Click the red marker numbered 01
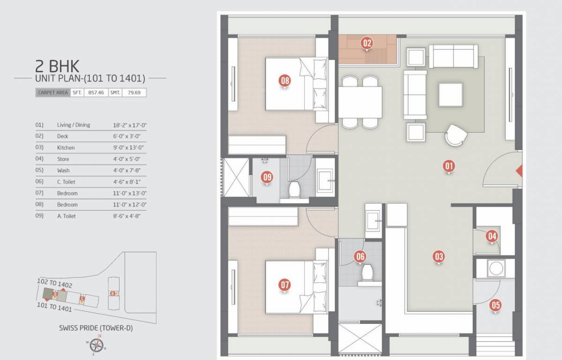pyautogui.click(x=449, y=165)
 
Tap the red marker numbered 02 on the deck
pyautogui.click(x=367, y=43)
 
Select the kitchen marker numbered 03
pyautogui.click(x=439, y=256)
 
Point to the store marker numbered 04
pyautogui.click(x=491, y=236)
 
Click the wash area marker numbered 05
pyautogui.click(x=495, y=305)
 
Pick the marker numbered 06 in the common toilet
pyautogui.click(x=360, y=256)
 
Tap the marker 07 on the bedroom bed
pyautogui.click(x=285, y=285)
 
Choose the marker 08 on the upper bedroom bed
pyautogui.click(x=285, y=81)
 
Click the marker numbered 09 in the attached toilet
pyautogui.click(x=267, y=178)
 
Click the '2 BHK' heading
pyautogui.click(x=57, y=65)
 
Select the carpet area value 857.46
pyautogui.click(x=96, y=93)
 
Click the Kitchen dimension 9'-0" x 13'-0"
pyautogui.click(x=128, y=148)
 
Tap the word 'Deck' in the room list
pyautogui.click(x=62, y=136)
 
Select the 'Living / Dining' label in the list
pyautogui.click(x=73, y=125)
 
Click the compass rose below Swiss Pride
pyautogui.click(x=96, y=346)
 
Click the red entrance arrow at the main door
pyautogui.click(x=519, y=171)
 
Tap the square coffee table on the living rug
pyautogui.click(x=450, y=95)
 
